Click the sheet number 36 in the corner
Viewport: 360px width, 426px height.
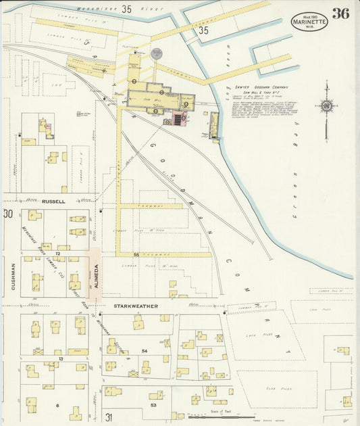click(x=340, y=14)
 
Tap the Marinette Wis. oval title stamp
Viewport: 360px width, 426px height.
click(x=309, y=21)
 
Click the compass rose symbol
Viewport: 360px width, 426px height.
click(x=327, y=106)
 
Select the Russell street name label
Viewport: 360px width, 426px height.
click(x=53, y=202)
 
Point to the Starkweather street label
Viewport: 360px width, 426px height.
click(x=136, y=306)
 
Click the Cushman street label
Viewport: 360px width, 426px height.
click(x=13, y=277)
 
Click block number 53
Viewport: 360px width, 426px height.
click(x=154, y=404)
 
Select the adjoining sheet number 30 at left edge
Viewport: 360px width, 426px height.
click(x=8, y=214)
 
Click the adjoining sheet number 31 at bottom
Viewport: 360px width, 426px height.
click(x=109, y=417)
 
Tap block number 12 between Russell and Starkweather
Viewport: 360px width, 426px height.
click(x=59, y=254)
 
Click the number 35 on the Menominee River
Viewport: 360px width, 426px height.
click(x=127, y=9)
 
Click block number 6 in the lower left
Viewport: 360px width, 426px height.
click(x=58, y=405)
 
